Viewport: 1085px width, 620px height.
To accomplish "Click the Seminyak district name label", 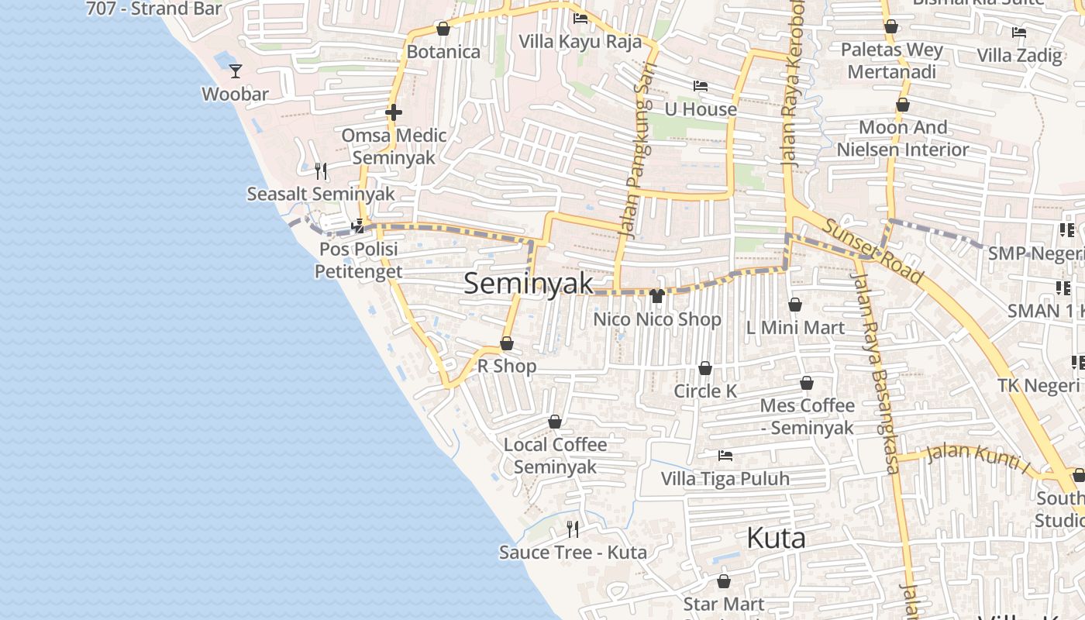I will (529, 284).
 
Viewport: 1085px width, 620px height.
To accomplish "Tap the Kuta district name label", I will (776, 538).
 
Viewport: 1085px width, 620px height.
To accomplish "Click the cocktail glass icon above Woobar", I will (236, 71).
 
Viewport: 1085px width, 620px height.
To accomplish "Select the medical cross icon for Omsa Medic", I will (394, 113).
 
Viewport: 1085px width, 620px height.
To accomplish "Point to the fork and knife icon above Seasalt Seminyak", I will (321, 170).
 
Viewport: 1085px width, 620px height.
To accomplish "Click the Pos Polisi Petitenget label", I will (358, 260).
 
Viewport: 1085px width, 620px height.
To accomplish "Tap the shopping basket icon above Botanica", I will (443, 29).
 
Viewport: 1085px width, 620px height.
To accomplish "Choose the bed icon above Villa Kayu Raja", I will (580, 19).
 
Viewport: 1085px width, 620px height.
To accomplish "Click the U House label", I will (701, 109).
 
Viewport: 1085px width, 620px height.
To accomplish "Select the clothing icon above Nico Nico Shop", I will (657, 295).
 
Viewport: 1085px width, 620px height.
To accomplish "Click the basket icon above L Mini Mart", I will (795, 305).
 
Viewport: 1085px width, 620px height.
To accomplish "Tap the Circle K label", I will (705, 391).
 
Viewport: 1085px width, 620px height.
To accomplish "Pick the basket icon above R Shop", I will (507, 343).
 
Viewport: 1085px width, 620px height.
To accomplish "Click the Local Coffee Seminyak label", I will (555, 456).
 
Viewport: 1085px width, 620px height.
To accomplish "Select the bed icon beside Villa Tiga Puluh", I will (725, 456).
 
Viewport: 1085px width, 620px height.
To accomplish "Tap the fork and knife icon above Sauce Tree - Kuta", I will (573, 529).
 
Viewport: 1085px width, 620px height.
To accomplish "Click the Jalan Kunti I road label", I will (976, 459).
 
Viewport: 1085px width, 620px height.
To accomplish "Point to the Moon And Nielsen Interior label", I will (903, 139).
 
